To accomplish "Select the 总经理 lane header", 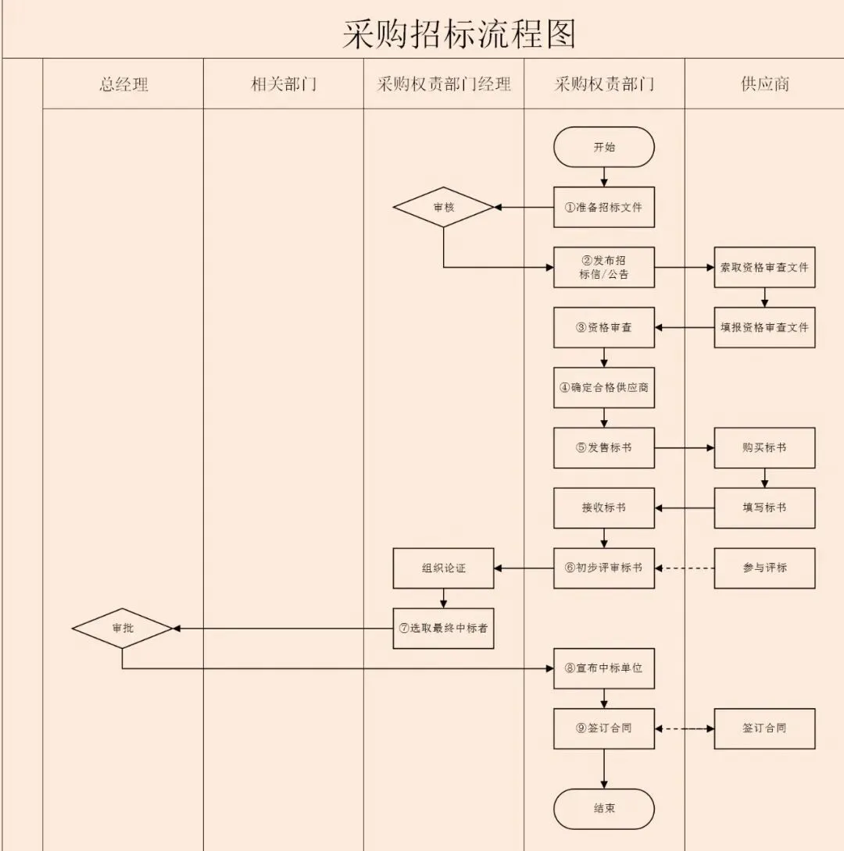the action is (123, 84).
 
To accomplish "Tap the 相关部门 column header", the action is (284, 84).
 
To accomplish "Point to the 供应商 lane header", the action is (764, 84).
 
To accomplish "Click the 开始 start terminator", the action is (604, 147).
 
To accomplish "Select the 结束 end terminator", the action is (604, 808).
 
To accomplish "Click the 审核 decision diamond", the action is (444, 208).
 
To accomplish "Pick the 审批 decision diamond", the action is (123, 628).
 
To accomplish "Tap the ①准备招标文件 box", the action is (604, 208).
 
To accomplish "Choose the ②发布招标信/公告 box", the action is (604, 267).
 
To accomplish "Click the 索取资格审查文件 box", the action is (764, 267).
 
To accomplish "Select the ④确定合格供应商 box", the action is (604, 387).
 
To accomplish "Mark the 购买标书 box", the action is (764, 447).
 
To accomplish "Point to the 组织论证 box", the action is (444, 568).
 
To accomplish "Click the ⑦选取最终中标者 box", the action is (444, 628).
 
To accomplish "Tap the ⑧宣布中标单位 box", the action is (604, 668).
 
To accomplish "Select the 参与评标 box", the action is (764, 568).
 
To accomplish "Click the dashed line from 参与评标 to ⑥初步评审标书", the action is (685, 568).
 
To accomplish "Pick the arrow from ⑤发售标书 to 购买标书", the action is (685, 448).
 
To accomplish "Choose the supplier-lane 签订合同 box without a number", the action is (764, 728).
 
